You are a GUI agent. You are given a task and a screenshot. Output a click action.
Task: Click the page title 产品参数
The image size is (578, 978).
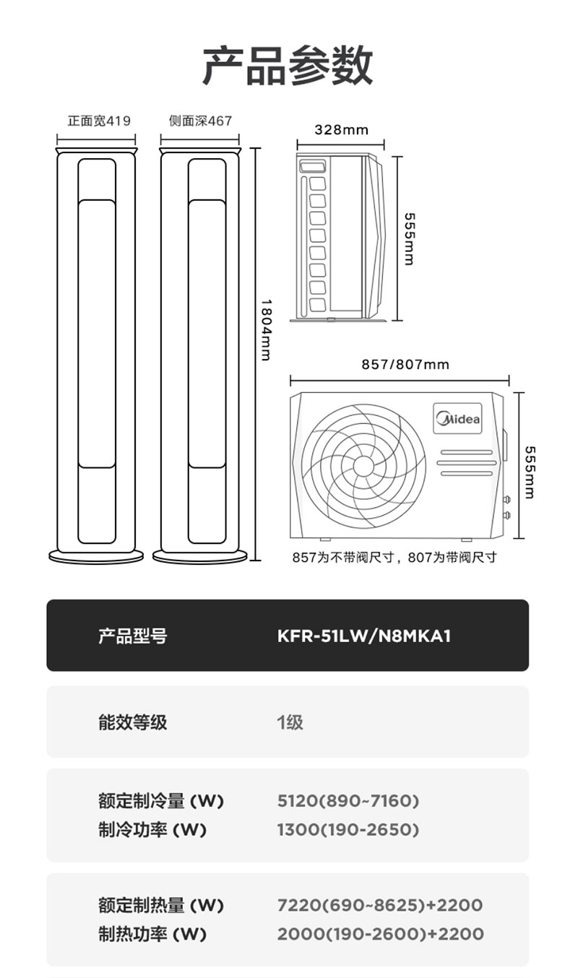288,66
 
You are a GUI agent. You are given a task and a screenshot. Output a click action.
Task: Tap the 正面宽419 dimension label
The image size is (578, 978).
99,121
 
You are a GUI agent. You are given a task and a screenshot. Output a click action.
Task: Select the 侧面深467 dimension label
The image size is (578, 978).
200,121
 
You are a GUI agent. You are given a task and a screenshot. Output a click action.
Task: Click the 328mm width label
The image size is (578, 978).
341,130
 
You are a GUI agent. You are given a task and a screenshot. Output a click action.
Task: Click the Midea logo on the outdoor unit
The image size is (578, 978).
457,418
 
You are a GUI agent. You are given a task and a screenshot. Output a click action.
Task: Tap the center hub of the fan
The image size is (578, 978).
363,466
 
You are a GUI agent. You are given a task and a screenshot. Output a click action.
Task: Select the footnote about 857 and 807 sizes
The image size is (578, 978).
394,558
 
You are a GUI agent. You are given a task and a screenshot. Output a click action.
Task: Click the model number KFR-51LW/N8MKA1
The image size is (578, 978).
363,636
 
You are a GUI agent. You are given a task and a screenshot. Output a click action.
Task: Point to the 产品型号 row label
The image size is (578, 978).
133,636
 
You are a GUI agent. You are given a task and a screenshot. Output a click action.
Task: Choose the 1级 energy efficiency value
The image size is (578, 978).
290,722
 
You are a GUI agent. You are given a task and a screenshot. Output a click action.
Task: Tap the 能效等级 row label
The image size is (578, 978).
133,722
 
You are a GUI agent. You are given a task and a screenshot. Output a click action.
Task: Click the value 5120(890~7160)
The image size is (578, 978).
348,801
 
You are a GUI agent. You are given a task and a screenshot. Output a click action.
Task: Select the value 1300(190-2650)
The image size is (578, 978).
348,830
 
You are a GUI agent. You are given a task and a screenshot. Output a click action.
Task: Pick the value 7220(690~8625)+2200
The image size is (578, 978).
380,905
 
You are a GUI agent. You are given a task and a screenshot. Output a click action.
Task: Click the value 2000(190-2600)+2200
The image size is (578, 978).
380,934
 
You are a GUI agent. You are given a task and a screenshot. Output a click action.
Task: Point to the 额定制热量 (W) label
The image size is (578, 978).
161,905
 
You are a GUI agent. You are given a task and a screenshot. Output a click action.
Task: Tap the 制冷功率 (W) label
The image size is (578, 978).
152,830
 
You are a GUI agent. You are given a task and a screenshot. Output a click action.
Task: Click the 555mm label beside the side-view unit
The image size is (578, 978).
409,239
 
